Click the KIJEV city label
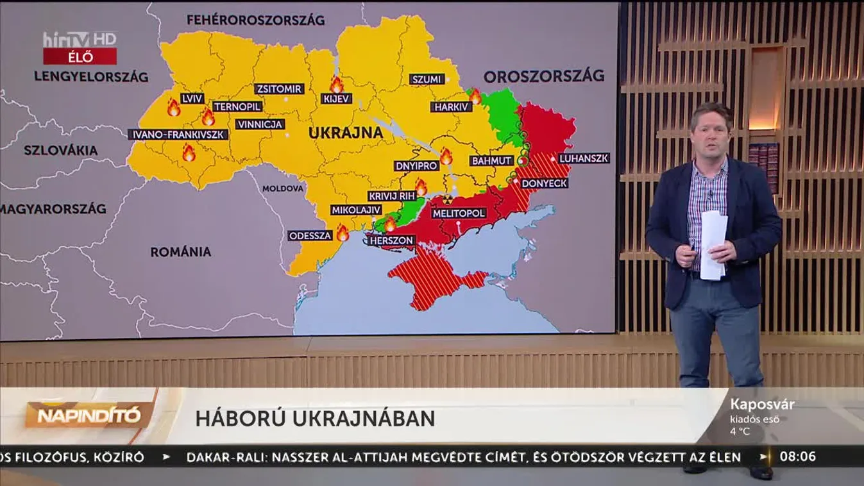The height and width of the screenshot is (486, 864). (x=337, y=99)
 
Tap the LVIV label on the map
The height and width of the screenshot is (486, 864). (x=191, y=99)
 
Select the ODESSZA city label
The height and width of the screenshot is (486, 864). (x=310, y=235)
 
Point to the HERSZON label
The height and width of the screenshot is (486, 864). (x=391, y=240)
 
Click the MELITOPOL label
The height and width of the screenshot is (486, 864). (x=459, y=213)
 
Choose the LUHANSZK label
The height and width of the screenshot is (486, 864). (x=583, y=158)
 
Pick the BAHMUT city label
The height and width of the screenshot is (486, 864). (x=492, y=160)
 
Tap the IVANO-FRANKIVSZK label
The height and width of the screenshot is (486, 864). (x=178, y=135)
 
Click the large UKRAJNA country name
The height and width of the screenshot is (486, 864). (x=346, y=133)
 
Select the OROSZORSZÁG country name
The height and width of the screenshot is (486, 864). (x=544, y=76)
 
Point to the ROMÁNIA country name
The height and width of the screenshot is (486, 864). (x=181, y=251)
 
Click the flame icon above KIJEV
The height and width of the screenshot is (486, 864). (x=336, y=84)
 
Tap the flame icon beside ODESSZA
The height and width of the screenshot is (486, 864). (x=343, y=233)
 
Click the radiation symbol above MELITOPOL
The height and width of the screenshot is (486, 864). (x=447, y=199)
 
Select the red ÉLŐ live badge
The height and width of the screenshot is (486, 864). (x=80, y=56)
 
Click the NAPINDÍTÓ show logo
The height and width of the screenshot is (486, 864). (x=89, y=415)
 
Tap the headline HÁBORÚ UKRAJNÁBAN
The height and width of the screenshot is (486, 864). (x=315, y=418)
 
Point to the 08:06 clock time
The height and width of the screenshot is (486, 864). (x=797, y=457)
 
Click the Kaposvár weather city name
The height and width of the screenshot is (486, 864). (x=762, y=405)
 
